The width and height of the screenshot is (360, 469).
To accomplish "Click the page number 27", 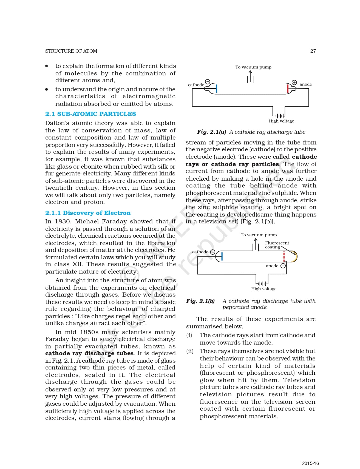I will [x=313, y=51].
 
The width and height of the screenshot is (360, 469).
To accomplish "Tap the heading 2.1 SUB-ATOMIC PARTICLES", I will [x=90, y=114].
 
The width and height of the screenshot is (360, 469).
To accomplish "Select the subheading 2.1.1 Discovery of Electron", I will [x=88, y=213].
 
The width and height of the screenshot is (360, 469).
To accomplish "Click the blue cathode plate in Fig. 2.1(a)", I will [x=217, y=88].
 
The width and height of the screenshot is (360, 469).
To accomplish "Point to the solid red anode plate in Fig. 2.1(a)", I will [x=288, y=88].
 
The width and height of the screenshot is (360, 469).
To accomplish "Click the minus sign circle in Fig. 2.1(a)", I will [x=208, y=82].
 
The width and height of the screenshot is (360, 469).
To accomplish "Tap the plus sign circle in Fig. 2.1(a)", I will [x=294, y=82].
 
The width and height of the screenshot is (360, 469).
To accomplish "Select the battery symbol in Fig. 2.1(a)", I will [x=279, y=116].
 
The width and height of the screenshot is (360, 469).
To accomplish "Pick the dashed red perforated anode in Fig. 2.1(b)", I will [x=284, y=257].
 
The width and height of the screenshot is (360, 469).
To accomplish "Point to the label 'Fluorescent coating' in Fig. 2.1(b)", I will [x=277, y=245].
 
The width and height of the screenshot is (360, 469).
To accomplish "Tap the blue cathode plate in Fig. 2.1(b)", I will [x=222, y=256].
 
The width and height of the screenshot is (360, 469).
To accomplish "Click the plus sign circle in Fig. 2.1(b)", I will [x=283, y=266].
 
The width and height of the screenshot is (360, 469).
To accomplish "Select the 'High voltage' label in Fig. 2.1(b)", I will [x=264, y=289].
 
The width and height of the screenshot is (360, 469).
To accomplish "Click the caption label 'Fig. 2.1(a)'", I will [x=211, y=132].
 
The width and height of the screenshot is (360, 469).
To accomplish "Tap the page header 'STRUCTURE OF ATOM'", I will [x=71, y=51].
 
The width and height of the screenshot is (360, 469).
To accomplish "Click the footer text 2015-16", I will [x=310, y=463].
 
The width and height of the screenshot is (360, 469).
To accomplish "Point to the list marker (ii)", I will [x=190, y=351].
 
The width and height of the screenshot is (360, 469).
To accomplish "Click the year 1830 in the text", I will [x=62, y=221].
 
